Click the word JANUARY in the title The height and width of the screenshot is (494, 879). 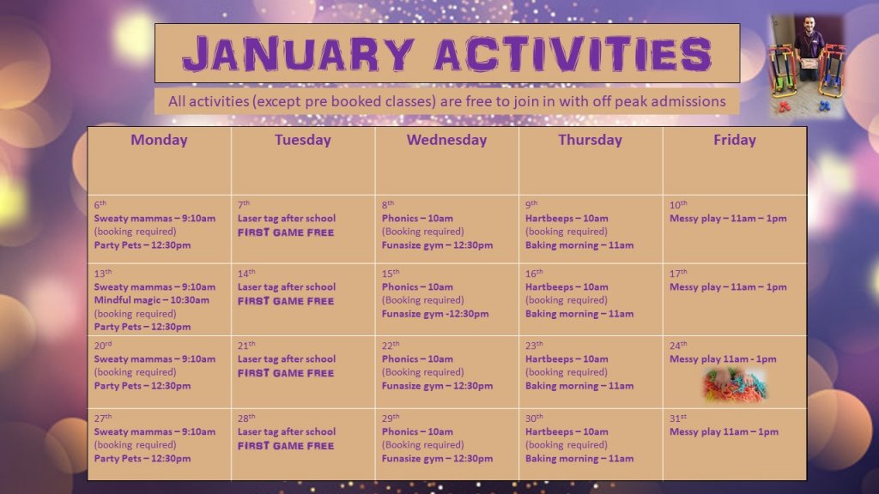point(299,54)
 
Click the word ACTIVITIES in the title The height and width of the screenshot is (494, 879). point(573,54)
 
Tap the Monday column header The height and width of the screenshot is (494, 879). point(159,140)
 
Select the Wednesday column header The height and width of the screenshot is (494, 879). point(446,140)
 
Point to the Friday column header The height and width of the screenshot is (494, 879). point(735,140)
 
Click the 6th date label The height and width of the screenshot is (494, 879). point(100,205)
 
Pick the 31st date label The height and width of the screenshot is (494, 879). point(678,419)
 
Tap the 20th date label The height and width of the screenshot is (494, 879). point(103,346)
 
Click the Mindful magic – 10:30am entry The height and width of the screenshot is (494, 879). point(151,300)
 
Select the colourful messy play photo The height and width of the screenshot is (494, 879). point(735,386)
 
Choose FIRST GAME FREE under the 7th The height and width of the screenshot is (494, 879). point(286,232)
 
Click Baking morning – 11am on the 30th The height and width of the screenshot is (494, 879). point(579,459)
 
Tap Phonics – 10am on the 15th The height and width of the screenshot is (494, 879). point(417,286)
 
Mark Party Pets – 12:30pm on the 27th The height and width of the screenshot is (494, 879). point(142,459)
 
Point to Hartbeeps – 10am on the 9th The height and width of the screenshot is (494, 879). point(567,219)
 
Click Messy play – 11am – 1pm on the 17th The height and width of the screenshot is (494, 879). point(728,286)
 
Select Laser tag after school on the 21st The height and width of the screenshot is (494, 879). point(287,359)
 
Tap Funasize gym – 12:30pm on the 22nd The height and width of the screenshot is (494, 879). point(437,386)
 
